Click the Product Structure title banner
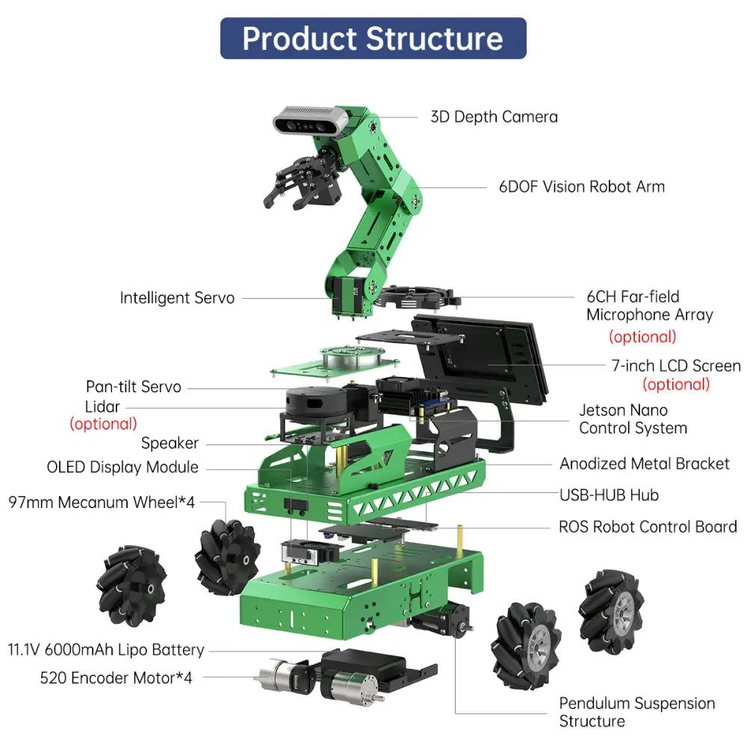(x=373, y=38)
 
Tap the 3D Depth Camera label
(x=494, y=117)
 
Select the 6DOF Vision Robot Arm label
(x=582, y=187)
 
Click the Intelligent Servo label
(x=177, y=298)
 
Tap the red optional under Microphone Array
(x=642, y=337)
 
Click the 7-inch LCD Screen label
(x=676, y=365)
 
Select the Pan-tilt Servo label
(x=134, y=386)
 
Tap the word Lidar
(x=102, y=407)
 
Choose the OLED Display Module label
(x=123, y=467)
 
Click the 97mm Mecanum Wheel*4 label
(x=102, y=502)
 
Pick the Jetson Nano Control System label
(x=633, y=419)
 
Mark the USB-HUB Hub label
(x=609, y=495)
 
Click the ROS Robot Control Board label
(x=648, y=527)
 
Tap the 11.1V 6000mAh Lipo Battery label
(x=106, y=650)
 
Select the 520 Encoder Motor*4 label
(x=116, y=678)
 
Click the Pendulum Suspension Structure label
(x=637, y=712)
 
